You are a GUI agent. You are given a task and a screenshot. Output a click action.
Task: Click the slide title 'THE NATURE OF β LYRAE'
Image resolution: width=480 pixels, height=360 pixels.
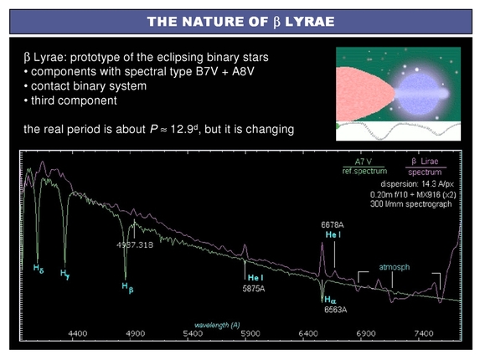tap(240, 22)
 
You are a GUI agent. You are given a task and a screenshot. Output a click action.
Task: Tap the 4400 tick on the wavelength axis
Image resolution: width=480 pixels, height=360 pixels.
tap(78, 333)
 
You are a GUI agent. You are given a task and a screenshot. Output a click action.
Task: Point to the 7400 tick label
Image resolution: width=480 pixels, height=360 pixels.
tap(422, 333)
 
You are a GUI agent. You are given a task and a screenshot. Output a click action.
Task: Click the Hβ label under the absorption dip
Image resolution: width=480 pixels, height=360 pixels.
tap(126, 286)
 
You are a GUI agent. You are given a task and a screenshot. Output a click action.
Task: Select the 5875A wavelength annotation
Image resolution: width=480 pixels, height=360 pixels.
tap(255, 289)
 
